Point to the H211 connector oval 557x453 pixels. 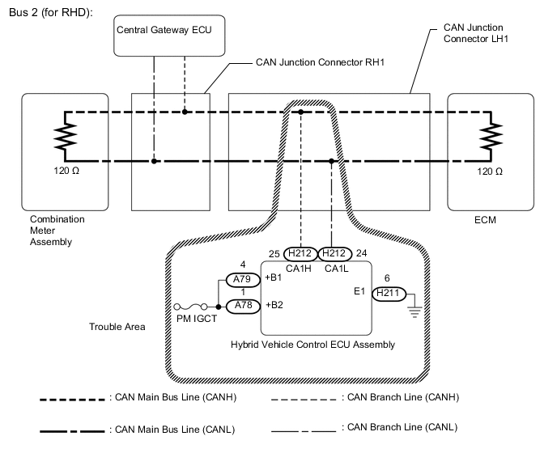tap(388, 295)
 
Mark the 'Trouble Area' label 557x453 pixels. tap(117, 328)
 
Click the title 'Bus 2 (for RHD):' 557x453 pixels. tap(50, 13)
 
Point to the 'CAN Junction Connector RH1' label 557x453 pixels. tap(319, 61)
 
